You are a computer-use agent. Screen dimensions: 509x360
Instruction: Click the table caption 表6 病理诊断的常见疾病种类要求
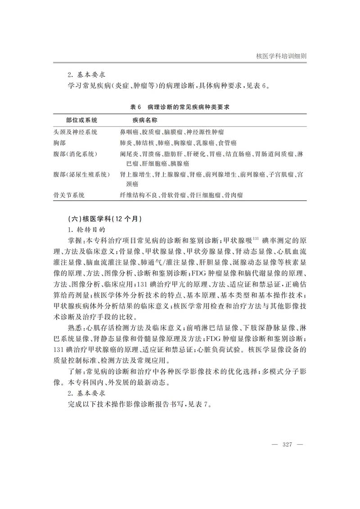point(180,107)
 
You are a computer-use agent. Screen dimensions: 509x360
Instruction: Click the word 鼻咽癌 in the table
point(128,132)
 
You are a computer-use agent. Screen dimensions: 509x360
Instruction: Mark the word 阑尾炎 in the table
point(128,154)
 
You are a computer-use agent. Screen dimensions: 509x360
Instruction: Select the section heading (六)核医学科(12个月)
point(105,219)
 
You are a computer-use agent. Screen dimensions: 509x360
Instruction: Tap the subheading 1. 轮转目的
point(86,229)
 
